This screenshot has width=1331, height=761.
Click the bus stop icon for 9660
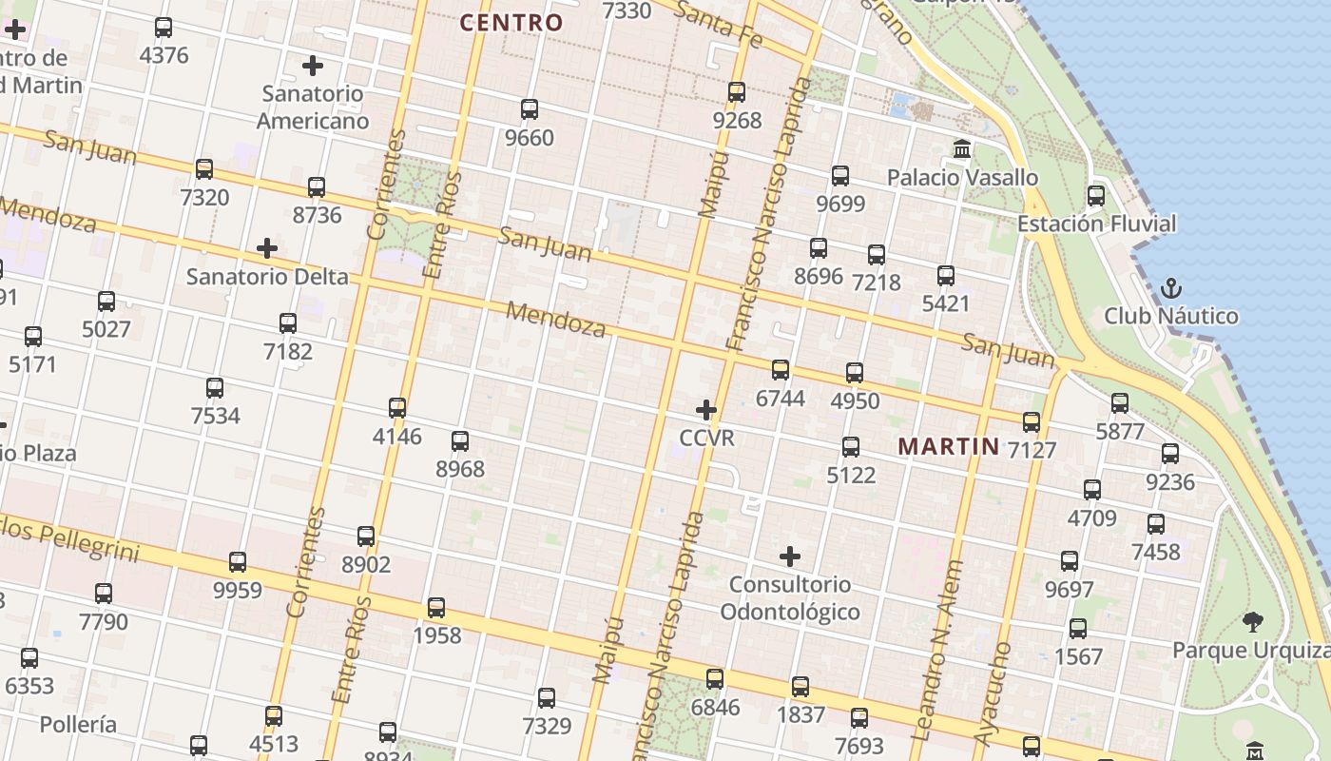click(x=530, y=109)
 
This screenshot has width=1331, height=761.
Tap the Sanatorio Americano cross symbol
click(x=313, y=66)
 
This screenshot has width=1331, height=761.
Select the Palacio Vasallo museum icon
click(x=962, y=149)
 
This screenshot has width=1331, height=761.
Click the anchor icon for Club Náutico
click(x=1171, y=288)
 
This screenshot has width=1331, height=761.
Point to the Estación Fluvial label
click(x=1096, y=224)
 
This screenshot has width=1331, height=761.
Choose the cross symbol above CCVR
click(x=706, y=410)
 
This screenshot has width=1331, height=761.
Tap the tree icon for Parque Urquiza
click(x=1253, y=622)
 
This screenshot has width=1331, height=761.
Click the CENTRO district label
click(x=511, y=23)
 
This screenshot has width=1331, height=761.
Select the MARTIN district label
click(x=949, y=446)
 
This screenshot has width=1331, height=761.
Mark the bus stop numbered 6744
click(x=781, y=370)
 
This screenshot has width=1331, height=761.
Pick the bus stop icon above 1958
click(x=436, y=607)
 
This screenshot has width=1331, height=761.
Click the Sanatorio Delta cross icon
click(x=267, y=249)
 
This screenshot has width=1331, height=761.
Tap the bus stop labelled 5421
click(x=946, y=276)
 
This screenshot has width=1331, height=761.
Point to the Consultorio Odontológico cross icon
click(x=790, y=556)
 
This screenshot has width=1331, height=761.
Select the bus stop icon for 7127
click(x=1032, y=421)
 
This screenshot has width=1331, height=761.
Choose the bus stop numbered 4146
click(x=397, y=408)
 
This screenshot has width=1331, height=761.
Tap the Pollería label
click(x=78, y=725)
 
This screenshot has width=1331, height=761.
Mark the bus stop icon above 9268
click(x=737, y=92)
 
